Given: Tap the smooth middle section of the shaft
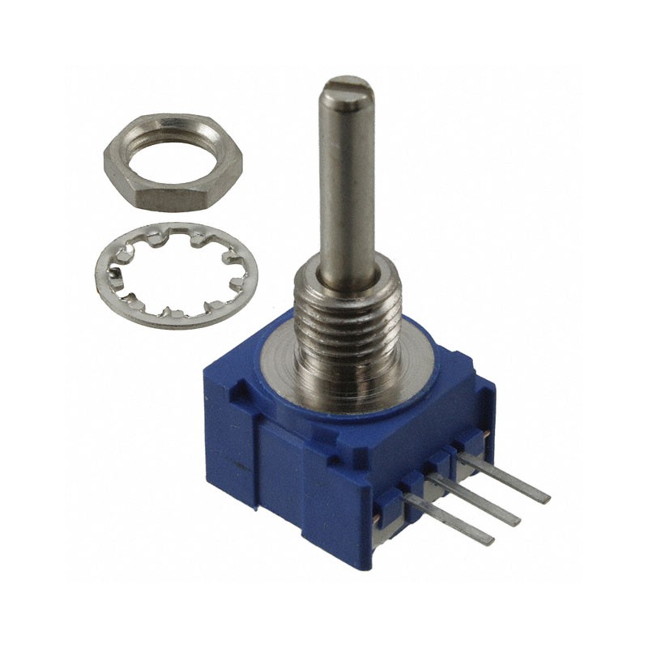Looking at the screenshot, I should pos(347,186).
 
